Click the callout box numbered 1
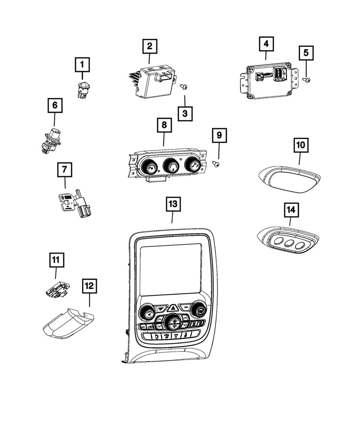[81, 66]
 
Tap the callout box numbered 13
[172, 204]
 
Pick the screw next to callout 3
[184, 87]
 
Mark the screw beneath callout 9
[215, 163]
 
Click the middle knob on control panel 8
[170, 166]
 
